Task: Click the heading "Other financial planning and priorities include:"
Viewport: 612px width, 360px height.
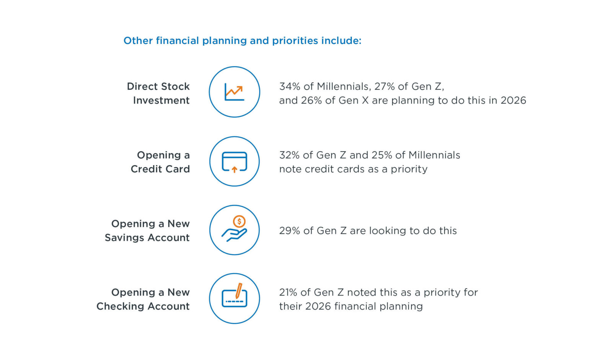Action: pos(243,41)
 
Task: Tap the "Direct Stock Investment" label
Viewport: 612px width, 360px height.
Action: pos(158,93)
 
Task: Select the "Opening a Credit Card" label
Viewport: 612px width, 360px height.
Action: pos(160,162)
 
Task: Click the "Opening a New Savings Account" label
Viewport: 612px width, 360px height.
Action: pos(147,230)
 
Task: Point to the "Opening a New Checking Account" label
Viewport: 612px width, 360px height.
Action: pos(143,299)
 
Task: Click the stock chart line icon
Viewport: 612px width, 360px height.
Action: pos(234,93)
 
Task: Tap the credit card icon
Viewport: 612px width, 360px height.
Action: pos(234,162)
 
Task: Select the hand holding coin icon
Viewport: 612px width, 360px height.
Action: pos(234,229)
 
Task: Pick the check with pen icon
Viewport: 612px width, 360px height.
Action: pos(234,295)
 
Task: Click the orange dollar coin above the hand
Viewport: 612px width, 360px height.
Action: pos(239,222)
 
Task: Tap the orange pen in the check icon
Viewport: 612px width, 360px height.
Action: pos(239,291)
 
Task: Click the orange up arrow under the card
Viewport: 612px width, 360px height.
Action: pos(234,170)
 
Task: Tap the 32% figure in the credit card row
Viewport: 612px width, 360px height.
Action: pos(289,155)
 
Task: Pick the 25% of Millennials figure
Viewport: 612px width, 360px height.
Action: pos(382,155)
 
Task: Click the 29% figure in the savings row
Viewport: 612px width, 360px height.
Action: pos(290,231)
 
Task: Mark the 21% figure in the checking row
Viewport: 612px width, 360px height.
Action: pos(288,293)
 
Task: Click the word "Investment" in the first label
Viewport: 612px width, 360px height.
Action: pos(161,100)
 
